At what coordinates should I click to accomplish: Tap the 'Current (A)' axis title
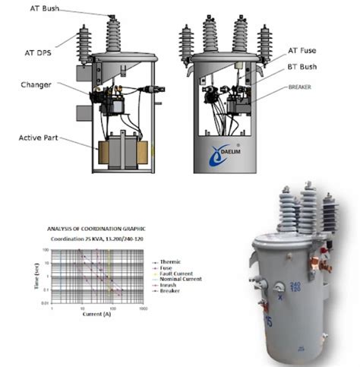click(x=96, y=313)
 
